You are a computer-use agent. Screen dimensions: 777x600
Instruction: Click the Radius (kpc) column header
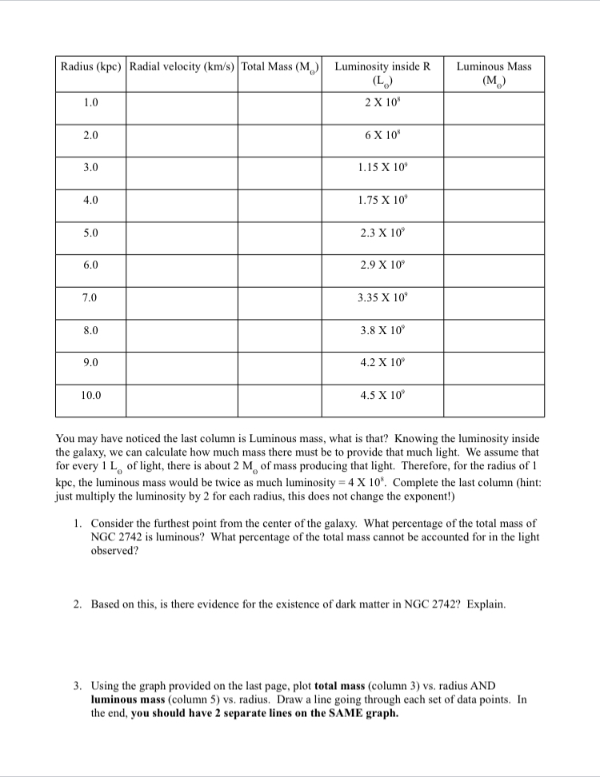[90, 66]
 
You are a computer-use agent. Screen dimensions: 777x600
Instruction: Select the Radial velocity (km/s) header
[181, 66]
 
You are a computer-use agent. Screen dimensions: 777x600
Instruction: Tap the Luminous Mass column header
[494, 73]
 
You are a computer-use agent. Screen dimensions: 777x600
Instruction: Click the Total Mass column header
[280, 66]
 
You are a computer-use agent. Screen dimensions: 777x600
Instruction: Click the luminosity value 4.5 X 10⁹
[382, 394]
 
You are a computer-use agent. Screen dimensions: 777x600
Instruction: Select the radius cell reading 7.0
[90, 297]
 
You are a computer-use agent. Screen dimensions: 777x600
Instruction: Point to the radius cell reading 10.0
[90, 394]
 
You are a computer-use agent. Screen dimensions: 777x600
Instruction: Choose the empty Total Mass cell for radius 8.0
[280, 329]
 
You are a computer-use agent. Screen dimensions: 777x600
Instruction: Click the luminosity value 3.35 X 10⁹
[382, 297]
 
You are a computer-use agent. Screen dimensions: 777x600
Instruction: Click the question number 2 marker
[77, 604]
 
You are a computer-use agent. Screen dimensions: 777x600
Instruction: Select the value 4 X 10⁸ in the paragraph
[368, 484]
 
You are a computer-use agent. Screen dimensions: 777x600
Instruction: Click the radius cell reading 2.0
[90, 136]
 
